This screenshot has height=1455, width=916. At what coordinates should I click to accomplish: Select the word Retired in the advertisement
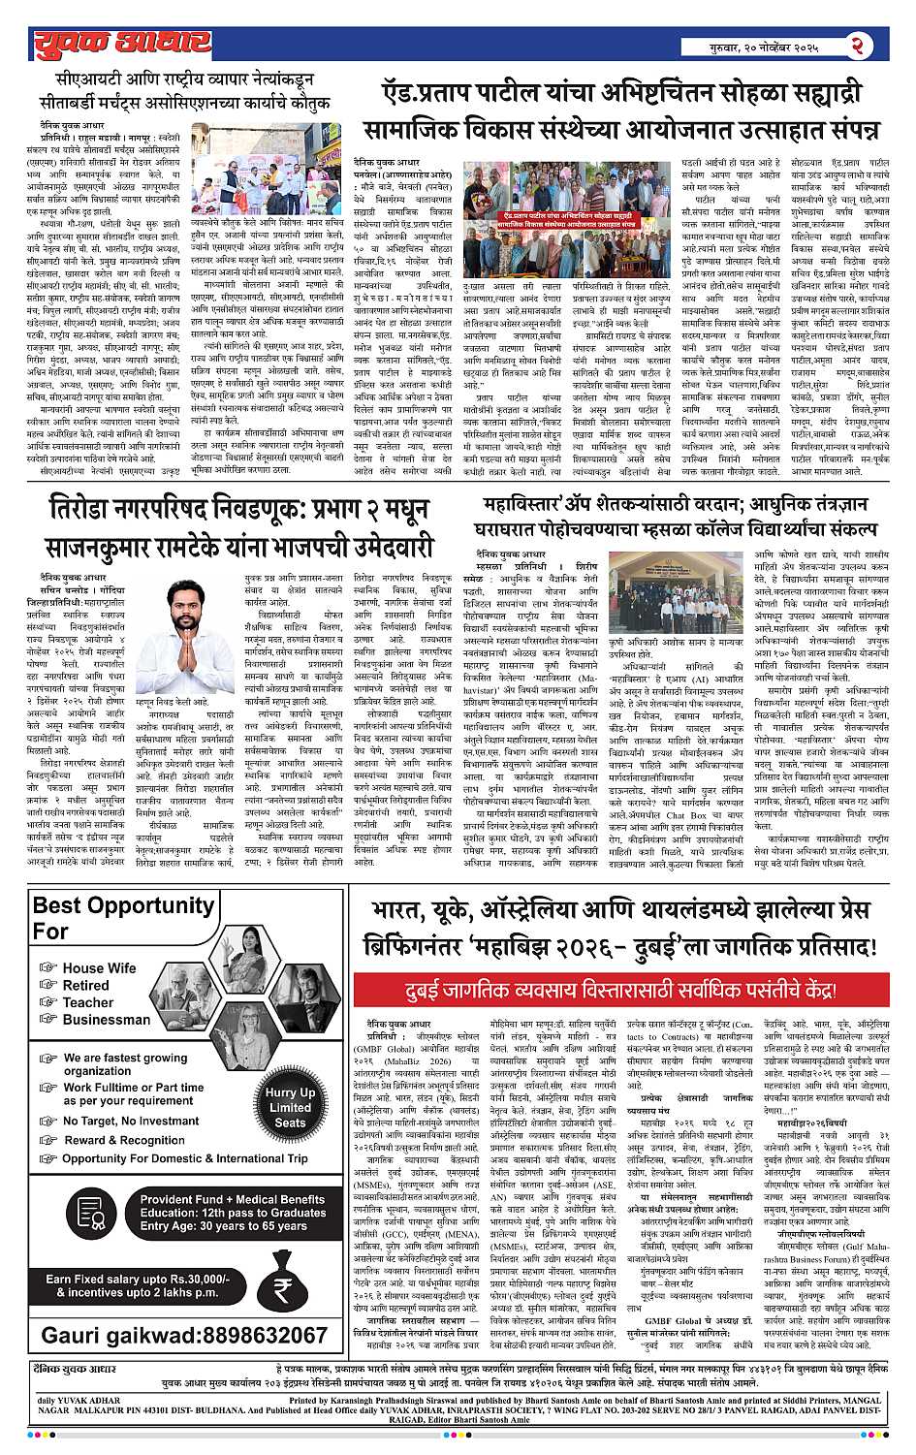click(x=85, y=985)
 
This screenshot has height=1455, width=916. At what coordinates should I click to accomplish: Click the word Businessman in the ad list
click(x=107, y=1019)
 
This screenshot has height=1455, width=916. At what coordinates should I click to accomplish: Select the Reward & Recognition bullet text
click(x=124, y=1140)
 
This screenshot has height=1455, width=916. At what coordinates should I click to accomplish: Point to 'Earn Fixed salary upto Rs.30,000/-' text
click(x=138, y=1280)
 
